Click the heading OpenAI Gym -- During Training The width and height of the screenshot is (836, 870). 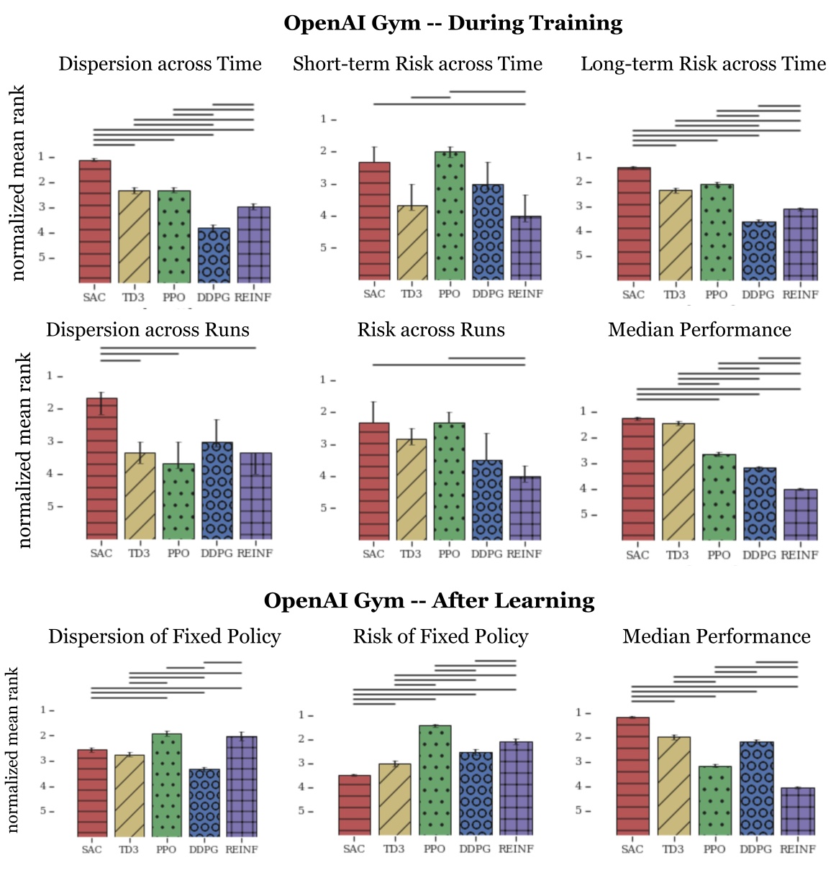pyautogui.click(x=453, y=23)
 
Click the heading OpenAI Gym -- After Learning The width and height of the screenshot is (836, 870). pyautogui.click(x=429, y=600)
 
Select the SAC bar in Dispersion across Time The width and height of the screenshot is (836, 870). pyautogui.click(x=95, y=221)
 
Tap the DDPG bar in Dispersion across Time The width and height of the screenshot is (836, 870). pyautogui.click(x=214, y=255)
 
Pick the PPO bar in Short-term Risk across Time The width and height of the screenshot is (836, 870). pyautogui.click(x=450, y=216)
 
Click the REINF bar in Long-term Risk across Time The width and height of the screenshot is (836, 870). pyautogui.click(x=801, y=244)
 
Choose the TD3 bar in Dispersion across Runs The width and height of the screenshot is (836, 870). pyautogui.click(x=140, y=496)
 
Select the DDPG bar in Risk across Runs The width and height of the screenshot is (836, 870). pyautogui.click(x=487, y=500)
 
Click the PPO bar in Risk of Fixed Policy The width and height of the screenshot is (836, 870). pyautogui.click(x=435, y=780)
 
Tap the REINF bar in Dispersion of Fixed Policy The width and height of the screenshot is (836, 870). pyautogui.click(x=241, y=786)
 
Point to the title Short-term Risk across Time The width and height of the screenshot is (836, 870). pyautogui.click(x=417, y=64)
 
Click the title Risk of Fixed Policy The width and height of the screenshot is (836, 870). pyautogui.click(x=440, y=636)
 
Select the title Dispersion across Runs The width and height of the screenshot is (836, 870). pyautogui.click(x=147, y=330)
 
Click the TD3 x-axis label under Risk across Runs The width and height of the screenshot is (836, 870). pyautogui.click(x=411, y=554)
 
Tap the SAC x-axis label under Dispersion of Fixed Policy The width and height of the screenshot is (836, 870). pyautogui.click(x=92, y=849)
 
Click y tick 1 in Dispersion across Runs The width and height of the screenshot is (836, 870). pyautogui.click(x=50, y=376)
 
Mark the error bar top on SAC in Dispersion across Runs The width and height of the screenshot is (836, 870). pyautogui.click(x=101, y=393)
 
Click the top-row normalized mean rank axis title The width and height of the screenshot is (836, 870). pyautogui.click(x=18, y=183)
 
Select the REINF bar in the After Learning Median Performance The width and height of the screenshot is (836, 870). pyautogui.click(x=797, y=812)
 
